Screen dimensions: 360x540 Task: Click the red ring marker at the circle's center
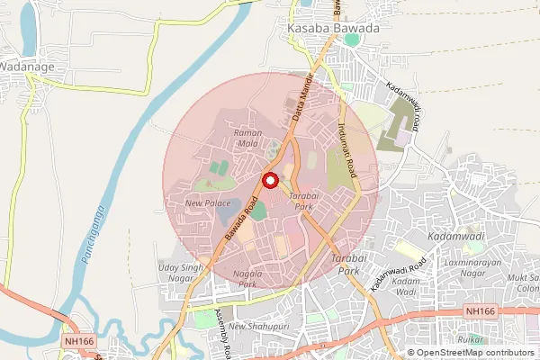[269, 181]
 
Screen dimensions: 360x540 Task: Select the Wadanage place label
[27, 66]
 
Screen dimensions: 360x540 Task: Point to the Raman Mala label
[247, 138]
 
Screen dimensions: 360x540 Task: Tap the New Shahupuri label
[256, 326]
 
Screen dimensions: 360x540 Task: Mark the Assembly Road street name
[221, 328]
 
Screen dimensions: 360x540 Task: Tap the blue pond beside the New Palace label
[230, 205]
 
